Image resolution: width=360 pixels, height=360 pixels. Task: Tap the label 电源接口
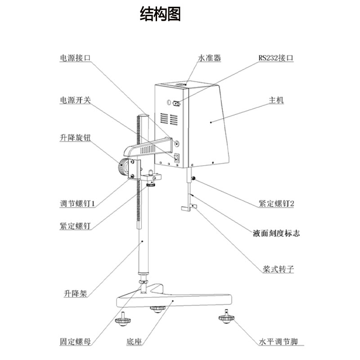point(76,58)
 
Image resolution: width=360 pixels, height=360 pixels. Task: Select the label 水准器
point(210,58)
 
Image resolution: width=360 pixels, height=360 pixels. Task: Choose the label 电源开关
point(76,100)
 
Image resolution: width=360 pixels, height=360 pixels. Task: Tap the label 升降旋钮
point(76,137)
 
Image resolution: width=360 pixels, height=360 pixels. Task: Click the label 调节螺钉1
point(77,203)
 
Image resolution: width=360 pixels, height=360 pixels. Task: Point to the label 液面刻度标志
point(276,233)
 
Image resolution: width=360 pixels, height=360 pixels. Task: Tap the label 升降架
point(75,294)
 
